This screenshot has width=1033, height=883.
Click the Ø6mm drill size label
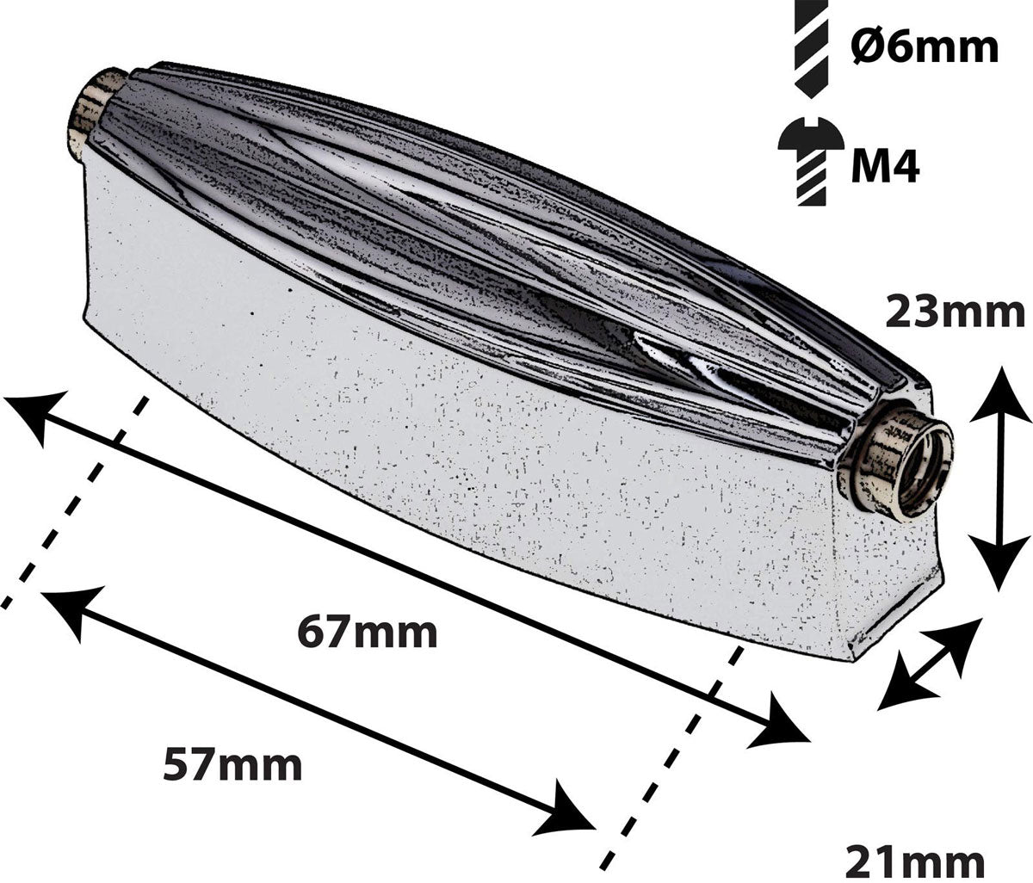(x=924, y=48)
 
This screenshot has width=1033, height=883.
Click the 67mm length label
(x=368, y=633)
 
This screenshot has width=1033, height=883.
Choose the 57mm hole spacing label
(x=232, y=764)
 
